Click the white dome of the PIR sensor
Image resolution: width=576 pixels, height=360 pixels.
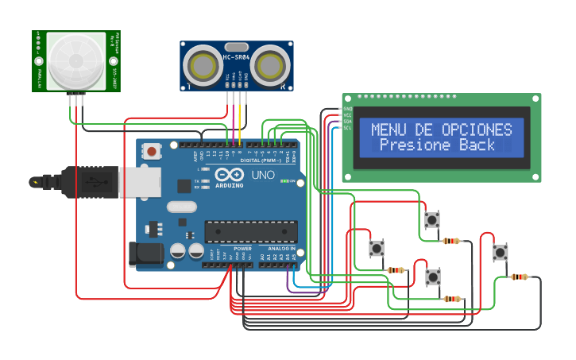[x=76, y=61]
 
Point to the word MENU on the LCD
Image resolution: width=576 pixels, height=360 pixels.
[x=391, y=130]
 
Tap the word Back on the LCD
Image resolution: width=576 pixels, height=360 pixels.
[x=477, y=145]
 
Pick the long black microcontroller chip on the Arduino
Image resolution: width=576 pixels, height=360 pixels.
[x=251, y=231]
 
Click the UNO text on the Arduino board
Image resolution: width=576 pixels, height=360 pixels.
[x=263, y=175]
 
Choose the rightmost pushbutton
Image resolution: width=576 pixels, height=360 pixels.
[x=500, y=253]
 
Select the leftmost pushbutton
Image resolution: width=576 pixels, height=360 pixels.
[x=377, y=249]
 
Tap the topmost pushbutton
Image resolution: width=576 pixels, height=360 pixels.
[x=432, y=219]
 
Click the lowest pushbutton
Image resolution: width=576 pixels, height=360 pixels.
[x=433, y=277]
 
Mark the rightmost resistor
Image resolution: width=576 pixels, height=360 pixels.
[x=520, y=277]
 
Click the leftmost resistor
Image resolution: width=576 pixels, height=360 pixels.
[x=396, y=270]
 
